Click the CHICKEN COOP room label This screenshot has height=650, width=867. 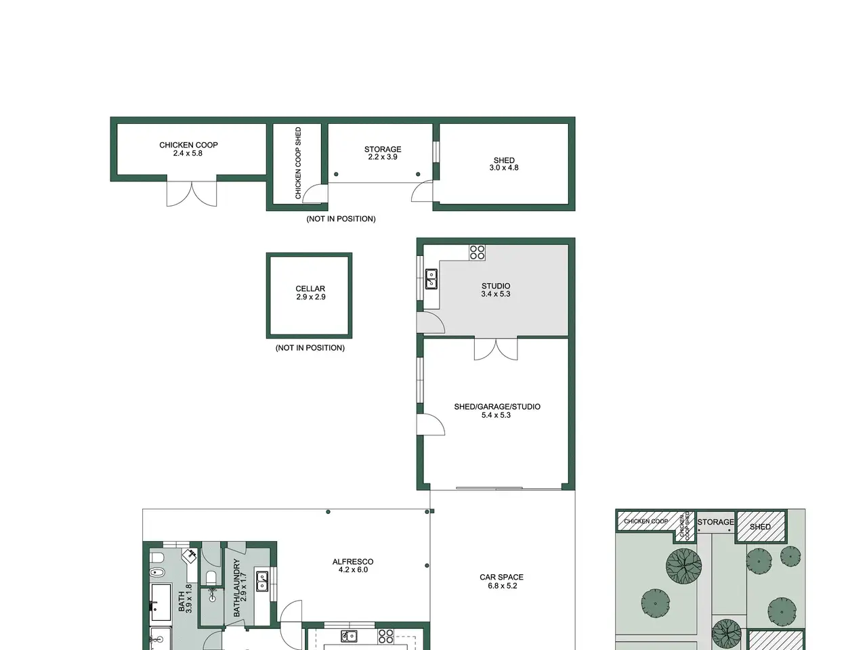tap(188, 149)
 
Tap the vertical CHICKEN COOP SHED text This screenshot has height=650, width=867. tap(298, 163)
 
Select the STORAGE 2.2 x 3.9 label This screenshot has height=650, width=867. tap(382, 153)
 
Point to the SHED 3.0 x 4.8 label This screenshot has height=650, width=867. tap(504, 164)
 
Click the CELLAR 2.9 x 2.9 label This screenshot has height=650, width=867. tap(310, 292)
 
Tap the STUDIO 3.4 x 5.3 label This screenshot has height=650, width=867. tap(496, 290)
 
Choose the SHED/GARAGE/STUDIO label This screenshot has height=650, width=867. tap(497, 410)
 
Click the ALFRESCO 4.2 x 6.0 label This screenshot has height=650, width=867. tap(353, 565)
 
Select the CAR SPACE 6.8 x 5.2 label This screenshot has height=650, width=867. tap(502, 581)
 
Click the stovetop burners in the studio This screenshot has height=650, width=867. tap(477, 253)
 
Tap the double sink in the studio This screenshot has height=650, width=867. tap(431, 279)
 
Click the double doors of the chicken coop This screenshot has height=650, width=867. tap(192, 194)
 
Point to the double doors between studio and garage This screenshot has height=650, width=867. tap(496, 349)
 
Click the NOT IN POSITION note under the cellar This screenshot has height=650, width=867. tap(310, 348)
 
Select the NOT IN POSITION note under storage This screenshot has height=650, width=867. tap(341, 219)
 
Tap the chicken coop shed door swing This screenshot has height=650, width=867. tap(315, 194)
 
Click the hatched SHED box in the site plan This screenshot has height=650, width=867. tap(761, 526)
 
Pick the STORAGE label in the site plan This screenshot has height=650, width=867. tap(715, 522)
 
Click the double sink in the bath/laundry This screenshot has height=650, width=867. tap(262, 581)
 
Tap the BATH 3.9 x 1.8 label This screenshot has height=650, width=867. tap(185, 599)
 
